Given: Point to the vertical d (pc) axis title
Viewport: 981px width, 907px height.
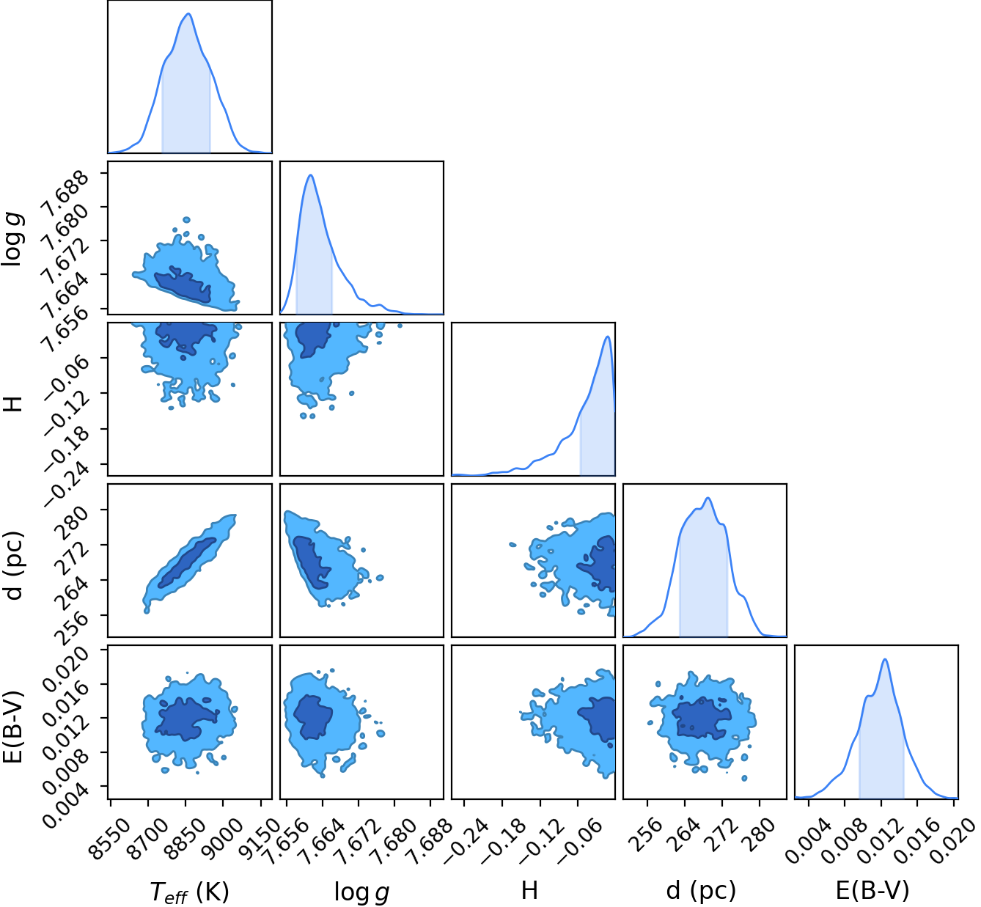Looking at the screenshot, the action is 14,565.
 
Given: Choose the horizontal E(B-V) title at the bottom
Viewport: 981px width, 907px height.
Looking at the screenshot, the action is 872,891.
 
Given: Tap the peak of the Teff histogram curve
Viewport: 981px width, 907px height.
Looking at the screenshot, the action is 188,13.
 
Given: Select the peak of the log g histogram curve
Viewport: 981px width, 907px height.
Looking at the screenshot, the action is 310,175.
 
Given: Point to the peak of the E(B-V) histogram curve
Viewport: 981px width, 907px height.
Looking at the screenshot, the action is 885,659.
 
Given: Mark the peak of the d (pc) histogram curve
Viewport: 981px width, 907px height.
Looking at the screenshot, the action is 708,497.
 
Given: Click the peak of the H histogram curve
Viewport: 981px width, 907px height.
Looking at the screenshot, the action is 608,337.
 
